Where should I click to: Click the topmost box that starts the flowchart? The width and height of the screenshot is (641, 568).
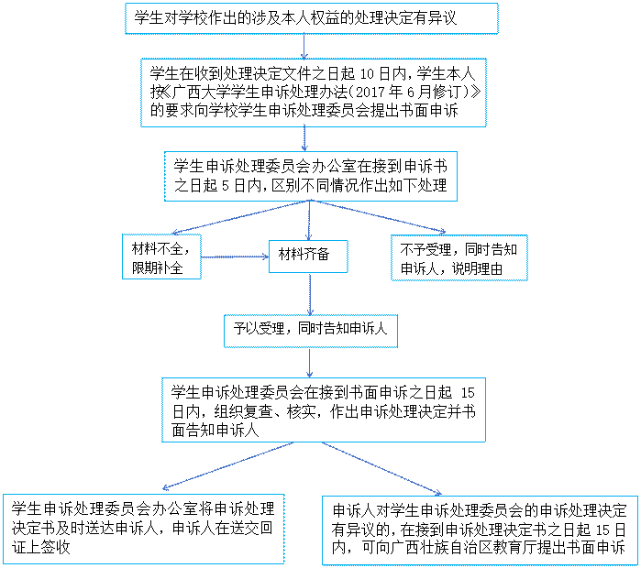311,18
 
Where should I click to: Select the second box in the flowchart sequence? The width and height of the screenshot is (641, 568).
313,93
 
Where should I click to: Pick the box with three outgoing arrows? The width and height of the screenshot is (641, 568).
310,176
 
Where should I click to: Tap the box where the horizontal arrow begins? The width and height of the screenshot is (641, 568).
161,257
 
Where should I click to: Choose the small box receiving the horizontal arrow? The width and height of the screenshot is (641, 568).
308,257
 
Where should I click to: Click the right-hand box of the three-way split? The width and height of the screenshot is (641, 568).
459,257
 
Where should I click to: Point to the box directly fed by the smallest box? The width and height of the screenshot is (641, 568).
310,332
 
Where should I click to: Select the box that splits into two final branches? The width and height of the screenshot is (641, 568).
323,410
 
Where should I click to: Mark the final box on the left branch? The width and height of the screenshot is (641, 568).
143,529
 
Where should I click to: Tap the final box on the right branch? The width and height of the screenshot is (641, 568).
480,530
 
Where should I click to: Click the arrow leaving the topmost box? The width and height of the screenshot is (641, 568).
304,47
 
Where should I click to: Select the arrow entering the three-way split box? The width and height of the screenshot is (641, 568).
304,138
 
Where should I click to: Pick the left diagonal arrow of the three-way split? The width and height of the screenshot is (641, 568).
240,218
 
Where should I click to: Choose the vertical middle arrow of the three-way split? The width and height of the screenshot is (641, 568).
309,220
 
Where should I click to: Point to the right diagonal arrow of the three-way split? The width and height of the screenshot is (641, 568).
378,217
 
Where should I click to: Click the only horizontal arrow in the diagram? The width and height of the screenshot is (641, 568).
235,257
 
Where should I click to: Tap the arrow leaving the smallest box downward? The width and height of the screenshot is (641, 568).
310,294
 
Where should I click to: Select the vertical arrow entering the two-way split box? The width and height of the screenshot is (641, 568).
310,363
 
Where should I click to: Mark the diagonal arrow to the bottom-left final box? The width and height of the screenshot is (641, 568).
228,466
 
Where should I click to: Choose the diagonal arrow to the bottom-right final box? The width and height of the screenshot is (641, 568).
381,468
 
